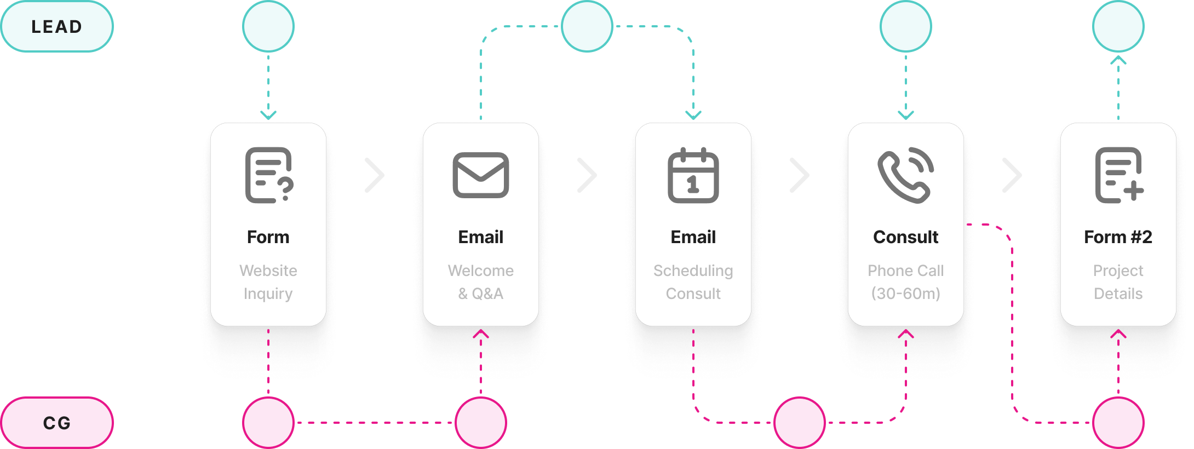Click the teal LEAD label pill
coord(56,26)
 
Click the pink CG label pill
coord(56,423)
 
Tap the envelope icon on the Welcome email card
coord(480,175)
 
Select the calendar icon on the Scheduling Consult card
coord(693,175)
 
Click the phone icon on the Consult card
coord(905,175)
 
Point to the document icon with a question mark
coord(268,175)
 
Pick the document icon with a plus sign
coord(1118,175)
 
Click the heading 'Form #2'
coord(1118,237)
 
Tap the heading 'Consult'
coord(905,237)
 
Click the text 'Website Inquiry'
coord(268,282)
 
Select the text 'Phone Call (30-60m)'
coord(905,282)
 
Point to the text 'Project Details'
coord(1118,282)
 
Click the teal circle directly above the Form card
coord(268,26)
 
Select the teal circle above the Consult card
coord(906,26)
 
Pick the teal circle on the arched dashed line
coord(587,26)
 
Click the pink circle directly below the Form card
coord(268,423)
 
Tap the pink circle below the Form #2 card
coord(1118,423)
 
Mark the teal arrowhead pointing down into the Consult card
coord(906,115)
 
